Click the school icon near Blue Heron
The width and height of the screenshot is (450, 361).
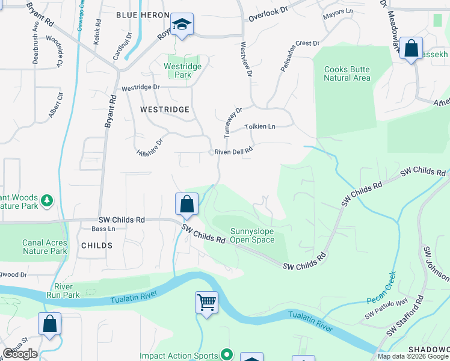(182, 25)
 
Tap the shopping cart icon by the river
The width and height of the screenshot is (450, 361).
(206, 301)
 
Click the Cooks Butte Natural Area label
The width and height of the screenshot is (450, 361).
(347, 73)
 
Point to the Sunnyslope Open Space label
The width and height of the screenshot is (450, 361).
(252, 235)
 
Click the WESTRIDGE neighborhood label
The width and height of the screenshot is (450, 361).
(164, 110)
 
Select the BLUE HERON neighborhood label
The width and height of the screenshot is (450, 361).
(140, 14)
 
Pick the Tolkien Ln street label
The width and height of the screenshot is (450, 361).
(260, 127)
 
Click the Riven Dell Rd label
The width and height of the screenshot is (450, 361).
(233, 152)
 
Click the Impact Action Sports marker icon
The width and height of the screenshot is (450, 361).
(226, 355)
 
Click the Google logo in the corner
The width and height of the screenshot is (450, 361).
(20, 354)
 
